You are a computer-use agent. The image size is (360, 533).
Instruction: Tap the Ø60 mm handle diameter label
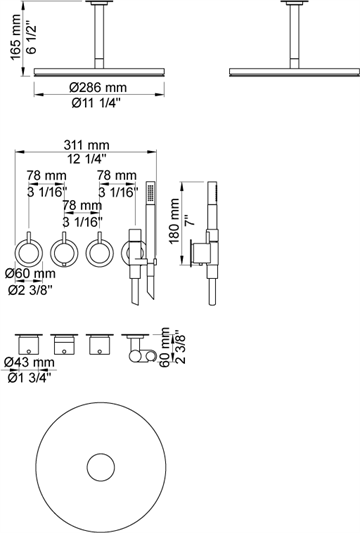[x=30, y=274]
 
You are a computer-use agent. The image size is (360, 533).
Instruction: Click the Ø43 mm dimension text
[x=31, y=364]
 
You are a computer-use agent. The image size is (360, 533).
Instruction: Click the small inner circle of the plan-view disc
[x=100, y=468]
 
